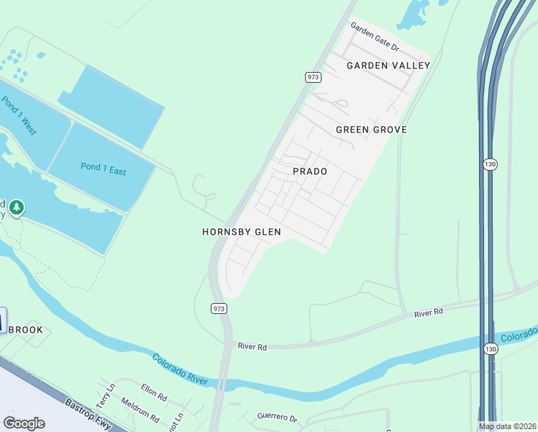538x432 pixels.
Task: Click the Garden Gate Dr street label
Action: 375,37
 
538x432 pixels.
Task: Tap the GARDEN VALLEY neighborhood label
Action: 388,66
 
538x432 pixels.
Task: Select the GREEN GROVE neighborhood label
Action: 371,130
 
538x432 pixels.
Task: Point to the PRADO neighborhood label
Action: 310,171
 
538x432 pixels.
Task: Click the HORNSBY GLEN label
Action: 241,232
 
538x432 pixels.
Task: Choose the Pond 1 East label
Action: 103,170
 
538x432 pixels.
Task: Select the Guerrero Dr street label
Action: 277,418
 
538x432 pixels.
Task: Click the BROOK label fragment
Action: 25,330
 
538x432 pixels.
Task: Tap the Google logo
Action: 24,423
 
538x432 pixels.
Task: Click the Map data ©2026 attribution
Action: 506,426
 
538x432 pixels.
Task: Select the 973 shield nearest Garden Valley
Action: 312,77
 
